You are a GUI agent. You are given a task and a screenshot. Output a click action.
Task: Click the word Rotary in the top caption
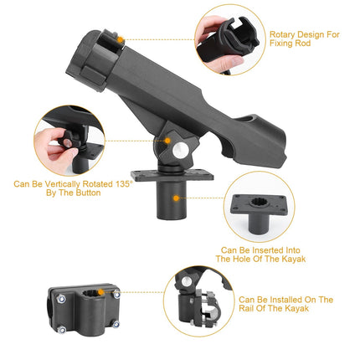pos(285,35)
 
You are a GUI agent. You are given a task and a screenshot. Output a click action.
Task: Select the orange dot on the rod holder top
pos(121,39)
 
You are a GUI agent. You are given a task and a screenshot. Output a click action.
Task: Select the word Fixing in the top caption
pos(282,46)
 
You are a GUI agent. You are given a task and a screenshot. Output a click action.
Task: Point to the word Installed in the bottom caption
pos(287,299)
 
